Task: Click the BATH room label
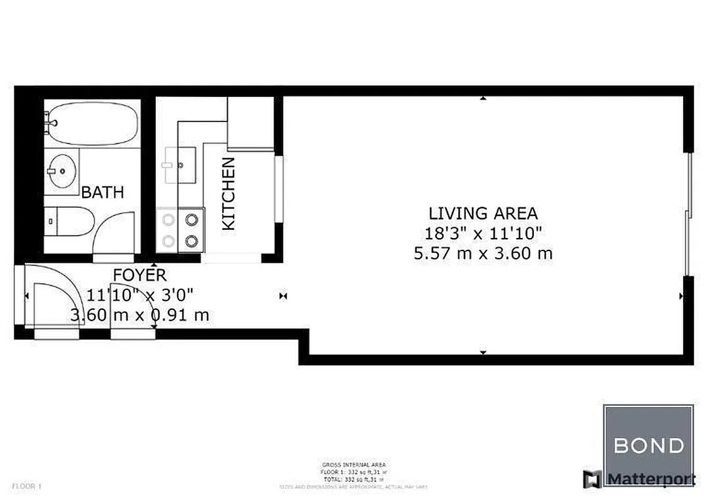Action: pos(103,192)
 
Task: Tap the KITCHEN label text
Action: pos(229,194)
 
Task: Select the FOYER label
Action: pos(140,275)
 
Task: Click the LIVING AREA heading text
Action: pos(483,214)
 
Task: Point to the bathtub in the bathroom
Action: pos(91,123)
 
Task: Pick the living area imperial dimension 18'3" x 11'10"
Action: pos(483,234)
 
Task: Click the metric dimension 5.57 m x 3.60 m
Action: pos(483,254)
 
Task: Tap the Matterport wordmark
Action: pos(651,480)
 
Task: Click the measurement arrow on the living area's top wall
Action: pos(483,98)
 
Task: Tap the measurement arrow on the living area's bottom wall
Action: pos(483,353)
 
